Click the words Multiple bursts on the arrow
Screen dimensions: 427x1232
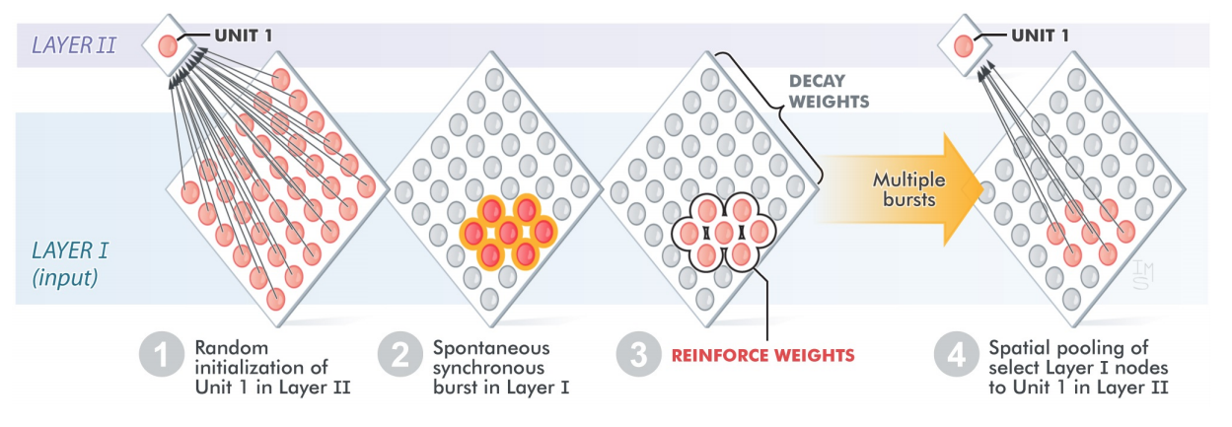tap(908, 189)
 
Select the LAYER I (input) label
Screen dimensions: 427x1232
tap(65, 263)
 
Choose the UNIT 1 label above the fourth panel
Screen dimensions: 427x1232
tap(1040, 36)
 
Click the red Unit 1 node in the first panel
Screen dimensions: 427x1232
tap(168, 45)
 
